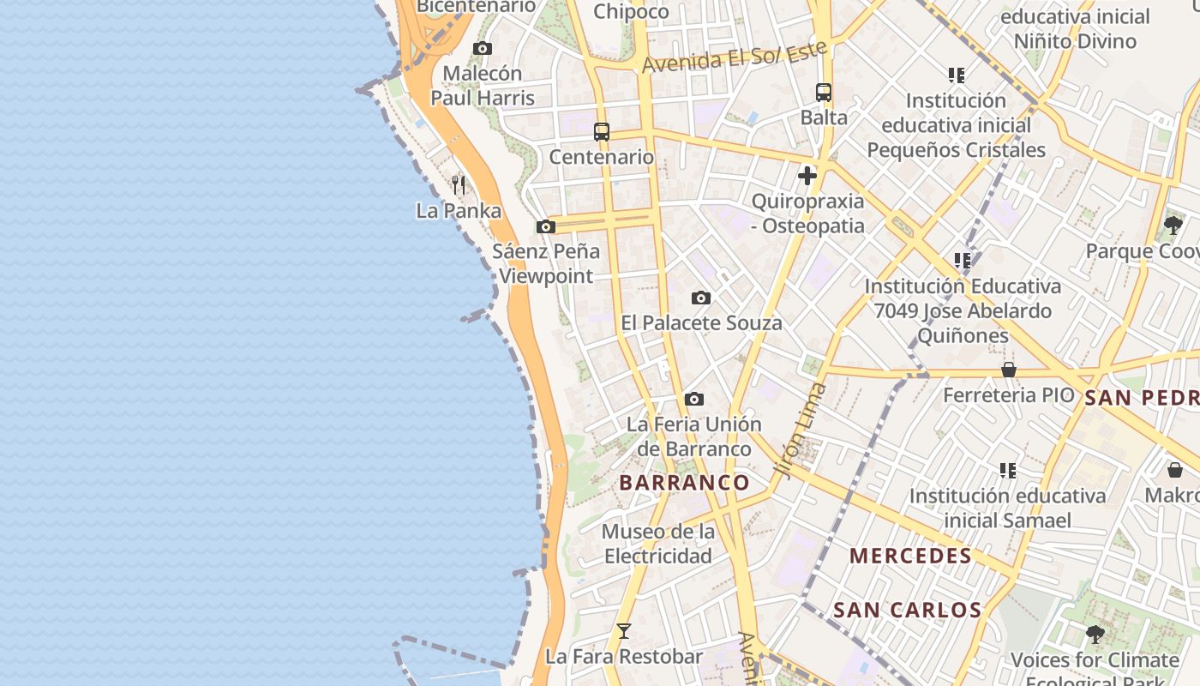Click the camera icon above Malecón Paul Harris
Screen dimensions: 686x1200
click(483, 49)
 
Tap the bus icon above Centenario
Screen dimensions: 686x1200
click(602, 132)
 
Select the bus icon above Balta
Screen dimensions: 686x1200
click(824, 93)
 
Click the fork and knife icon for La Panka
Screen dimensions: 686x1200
click(459, 184)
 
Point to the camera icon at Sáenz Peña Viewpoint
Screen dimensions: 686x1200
click(545, 227)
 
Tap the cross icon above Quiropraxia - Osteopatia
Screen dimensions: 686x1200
click(807, 176)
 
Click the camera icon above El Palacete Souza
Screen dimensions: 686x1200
click(701, 298)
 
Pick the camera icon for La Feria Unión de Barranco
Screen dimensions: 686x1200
click(694, 400)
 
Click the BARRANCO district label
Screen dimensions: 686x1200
click(685, 483)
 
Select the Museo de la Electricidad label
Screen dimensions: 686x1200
click(658, 544)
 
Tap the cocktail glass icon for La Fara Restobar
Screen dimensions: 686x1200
click(624, 631)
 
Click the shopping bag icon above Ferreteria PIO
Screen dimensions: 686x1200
click(1009, 370)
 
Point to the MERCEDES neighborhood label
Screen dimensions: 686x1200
click(910, 556)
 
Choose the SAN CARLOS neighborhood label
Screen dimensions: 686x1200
click(907, 611)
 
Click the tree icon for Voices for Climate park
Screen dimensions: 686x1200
click(1095, 635)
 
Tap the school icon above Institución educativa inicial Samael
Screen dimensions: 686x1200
click(1008, 471)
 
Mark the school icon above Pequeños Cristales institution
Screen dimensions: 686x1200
click(957, 75)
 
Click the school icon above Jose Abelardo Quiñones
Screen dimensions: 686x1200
click(963, 260)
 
